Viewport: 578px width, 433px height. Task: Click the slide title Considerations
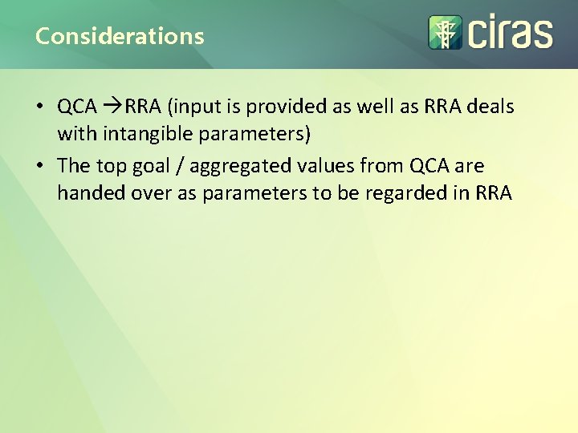pyautogui.click(x=120, y=36)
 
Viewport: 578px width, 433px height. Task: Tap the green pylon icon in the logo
pyautogui.click(x=442, y=32)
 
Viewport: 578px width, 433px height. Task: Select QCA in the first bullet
pyautogui.click(x=77, y=106)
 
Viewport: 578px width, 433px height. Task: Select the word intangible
pyautogui.click(x=135, y=133)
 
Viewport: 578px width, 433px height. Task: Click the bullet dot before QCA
pyautogui.click(x=39, y=107)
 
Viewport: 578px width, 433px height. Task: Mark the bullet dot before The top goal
pyautogui.click(x=39, y=166)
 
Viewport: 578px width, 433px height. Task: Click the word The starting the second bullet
pyautogui.click(x=74, y=166)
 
